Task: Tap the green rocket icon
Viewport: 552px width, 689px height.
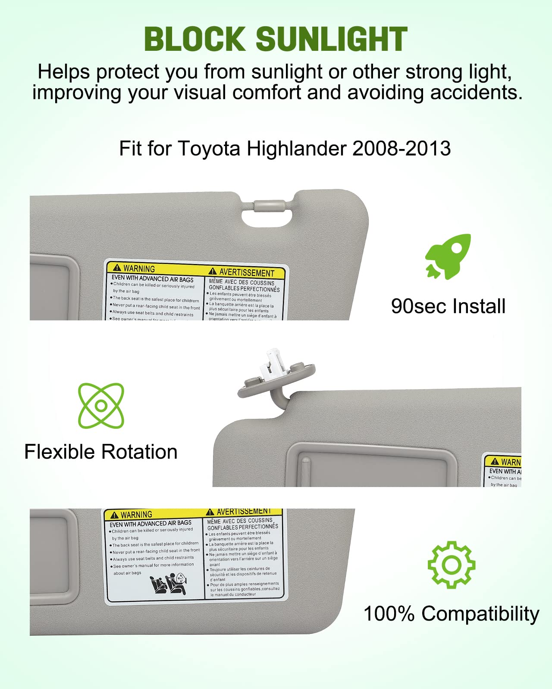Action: coord(448,257)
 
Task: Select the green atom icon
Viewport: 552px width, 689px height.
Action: coord(101,405)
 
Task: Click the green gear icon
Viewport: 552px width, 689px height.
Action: coord(451,565)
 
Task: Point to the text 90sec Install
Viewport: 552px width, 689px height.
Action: coord(448,306)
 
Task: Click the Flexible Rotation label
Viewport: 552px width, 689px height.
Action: coord(101,452)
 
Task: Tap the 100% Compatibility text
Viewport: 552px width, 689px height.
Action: coord(451,613)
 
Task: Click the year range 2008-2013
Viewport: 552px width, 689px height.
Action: coord(401,149)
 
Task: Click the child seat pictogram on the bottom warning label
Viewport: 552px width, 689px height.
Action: coord(168,584)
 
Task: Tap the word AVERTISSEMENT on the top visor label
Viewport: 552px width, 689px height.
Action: coord(247,272)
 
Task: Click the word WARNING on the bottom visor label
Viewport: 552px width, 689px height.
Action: coord(136,515)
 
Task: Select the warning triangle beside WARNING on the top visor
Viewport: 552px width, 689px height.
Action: coord(117,267)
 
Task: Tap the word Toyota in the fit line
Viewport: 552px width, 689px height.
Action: coord(209,149)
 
